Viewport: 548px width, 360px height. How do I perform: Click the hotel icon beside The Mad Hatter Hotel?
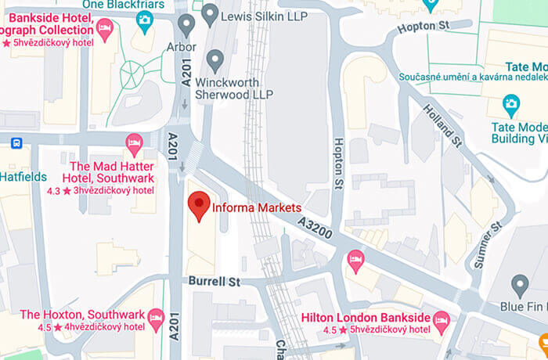[134, 142]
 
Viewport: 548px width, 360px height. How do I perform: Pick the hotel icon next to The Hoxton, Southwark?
[155, 316]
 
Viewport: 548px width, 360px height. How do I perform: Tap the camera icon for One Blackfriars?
[144, 20]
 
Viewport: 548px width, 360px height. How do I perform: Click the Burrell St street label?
[211, 280]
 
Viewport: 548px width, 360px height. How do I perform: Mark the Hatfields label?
[23, 177]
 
